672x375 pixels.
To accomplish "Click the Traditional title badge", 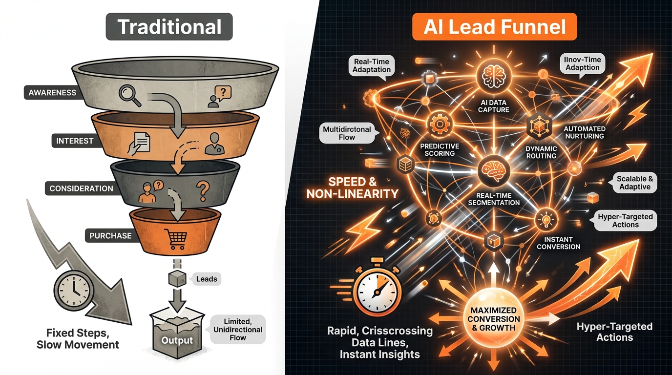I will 169,27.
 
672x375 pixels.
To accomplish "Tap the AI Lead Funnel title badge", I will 495,27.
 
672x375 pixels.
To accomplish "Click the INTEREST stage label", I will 74,141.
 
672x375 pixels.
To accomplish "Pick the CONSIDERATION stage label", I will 81,188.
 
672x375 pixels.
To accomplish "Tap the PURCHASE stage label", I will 110,235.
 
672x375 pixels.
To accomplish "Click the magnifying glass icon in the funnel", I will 129,95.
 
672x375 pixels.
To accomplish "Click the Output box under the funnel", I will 177,332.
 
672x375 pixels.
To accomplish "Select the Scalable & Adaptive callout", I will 634,183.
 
